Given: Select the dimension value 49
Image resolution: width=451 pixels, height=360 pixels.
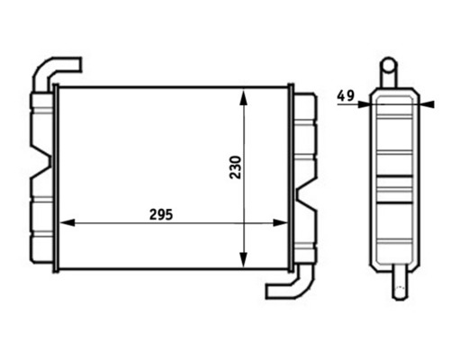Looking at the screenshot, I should [346, 94].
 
